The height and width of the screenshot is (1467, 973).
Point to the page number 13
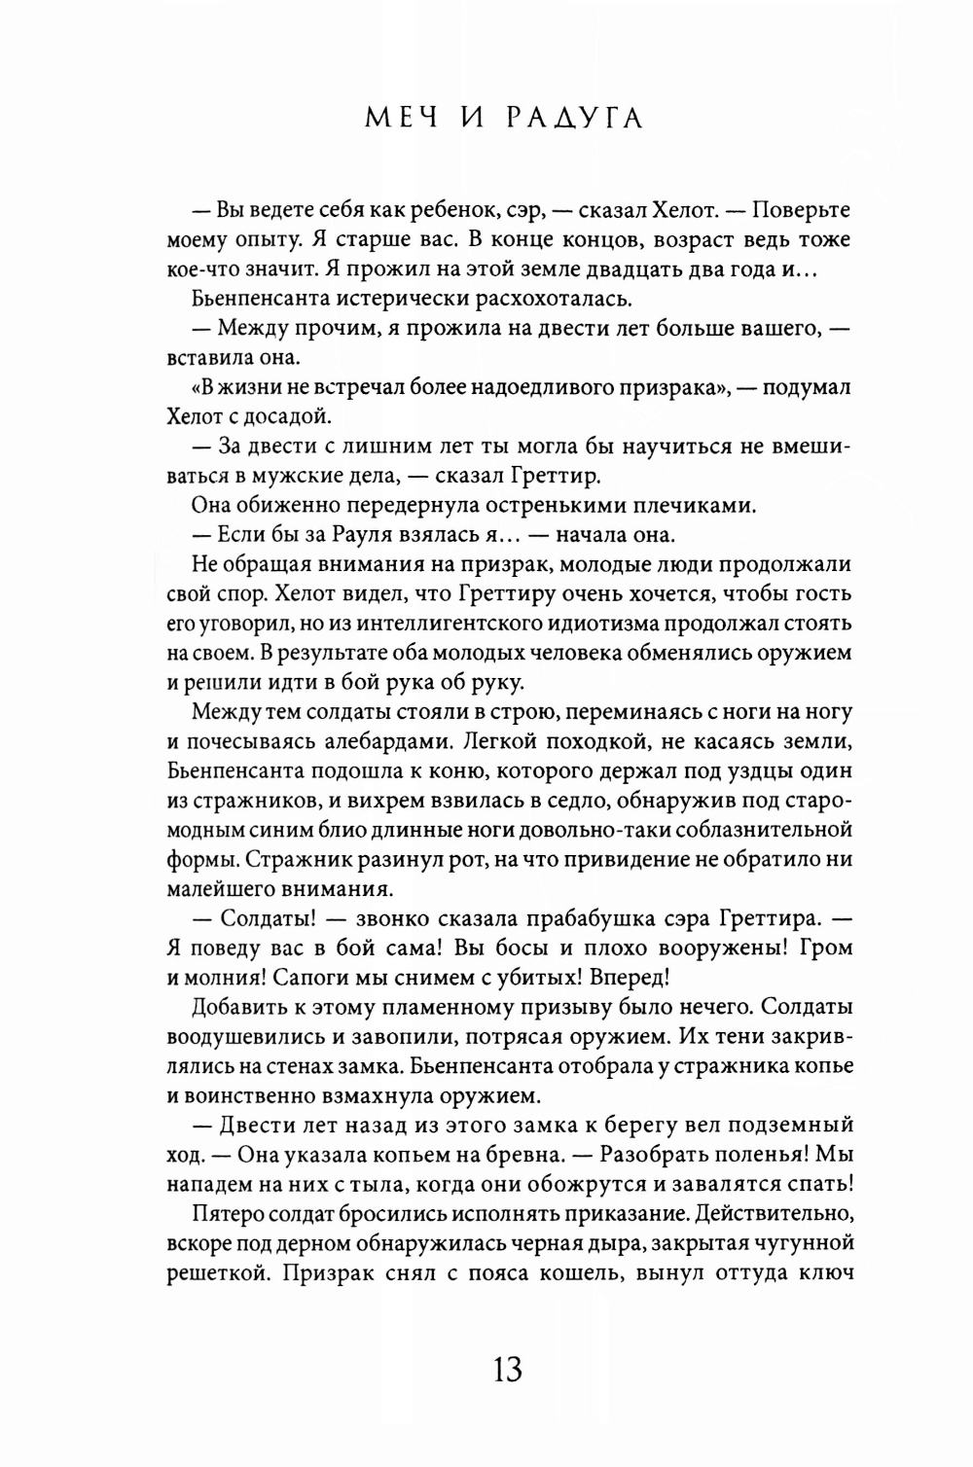[x=507, y=1370]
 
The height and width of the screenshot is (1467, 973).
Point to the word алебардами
[x=376, y=742]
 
